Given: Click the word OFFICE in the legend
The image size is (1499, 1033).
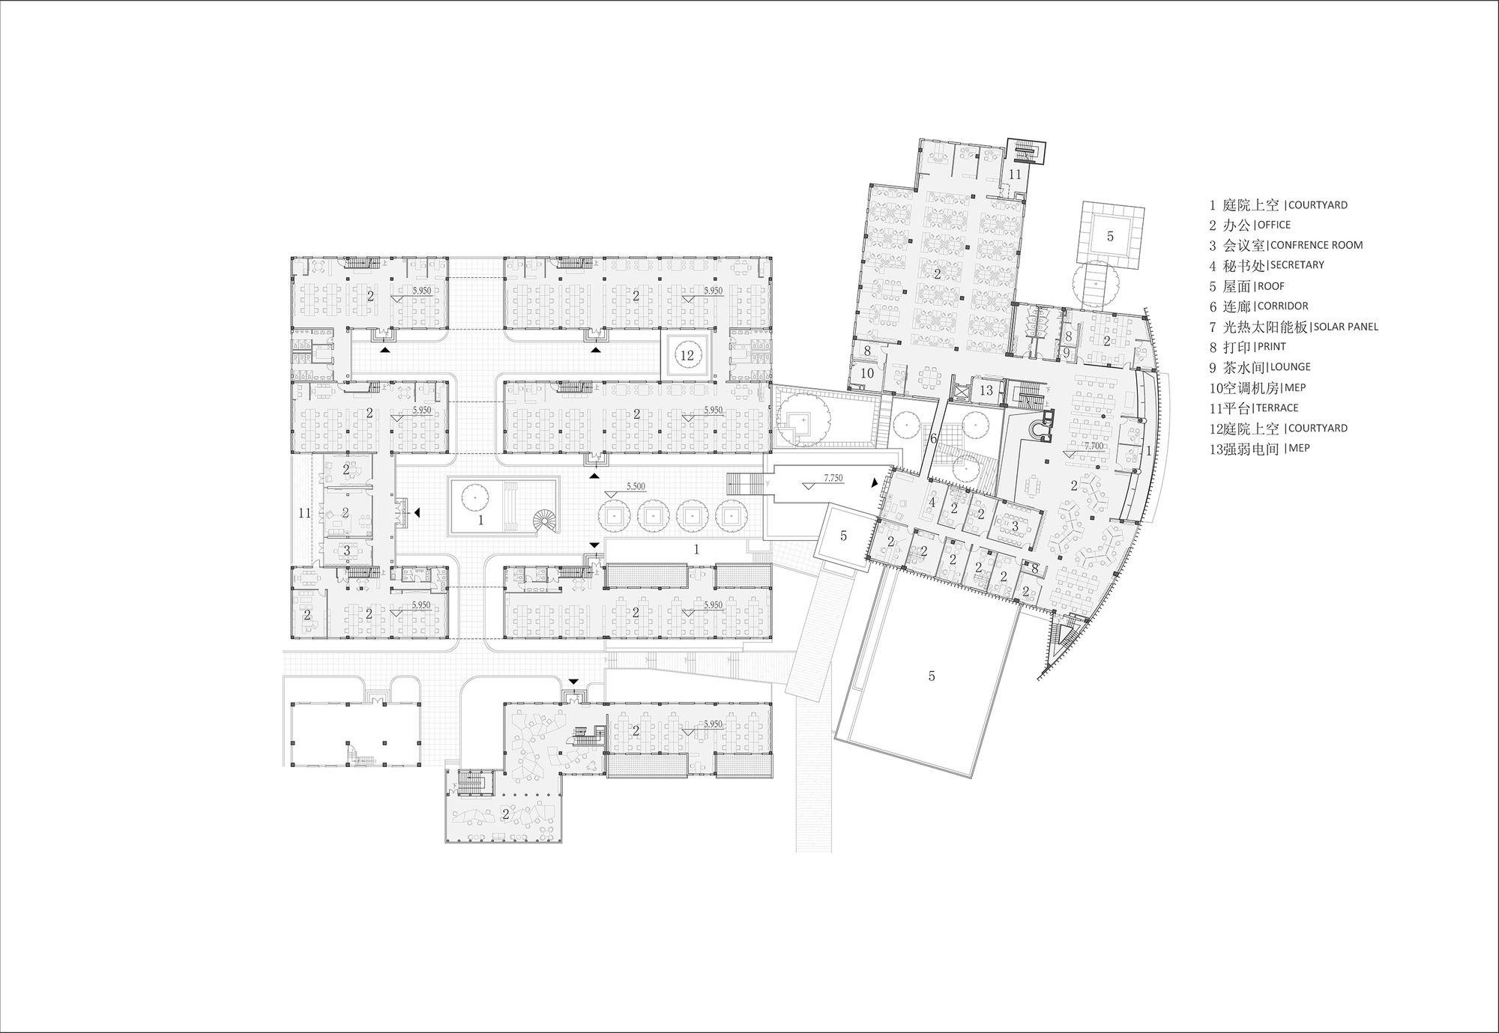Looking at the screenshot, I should pyautogui.click(x=1274, y=225).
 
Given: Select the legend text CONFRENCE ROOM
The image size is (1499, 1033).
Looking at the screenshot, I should pyautogui.click(x=1316, y=245).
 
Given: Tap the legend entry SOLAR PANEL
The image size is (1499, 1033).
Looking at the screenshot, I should pyautogui.click(x=1346, y=327).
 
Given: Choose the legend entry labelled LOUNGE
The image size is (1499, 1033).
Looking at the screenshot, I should pyautogui.click(x=1289, y=367).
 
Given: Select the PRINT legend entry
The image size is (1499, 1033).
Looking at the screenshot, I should pyautogui.click(x=1272, y=347).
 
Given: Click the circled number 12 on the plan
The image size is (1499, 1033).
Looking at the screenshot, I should pyautogui.click(x=687, y=357).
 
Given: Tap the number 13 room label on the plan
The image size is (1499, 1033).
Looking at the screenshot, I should pyautogui.click(x=986, y=390).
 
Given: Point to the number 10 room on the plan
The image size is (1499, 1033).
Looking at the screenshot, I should pyautogui.click(x=867, y=373).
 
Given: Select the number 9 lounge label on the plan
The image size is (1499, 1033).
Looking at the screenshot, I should pyautogui.click(x=1066, y=352).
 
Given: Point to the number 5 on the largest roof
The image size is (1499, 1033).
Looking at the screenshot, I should pyautogui.click(x=932, y=676).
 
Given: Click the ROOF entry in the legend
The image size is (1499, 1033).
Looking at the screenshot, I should pyautogui.click(x=1271, y=286).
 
